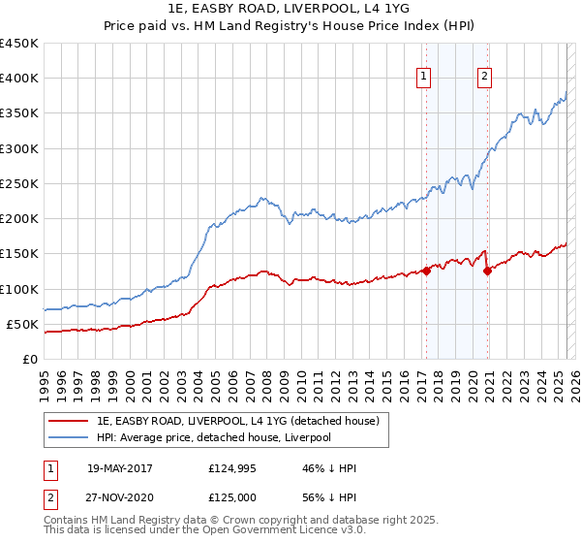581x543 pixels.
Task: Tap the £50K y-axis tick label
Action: coord(22,324)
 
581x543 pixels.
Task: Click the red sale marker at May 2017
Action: coord(426,271)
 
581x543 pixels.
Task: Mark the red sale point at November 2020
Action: coord(487,271)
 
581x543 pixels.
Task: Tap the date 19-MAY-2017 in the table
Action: coord(120,468)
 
